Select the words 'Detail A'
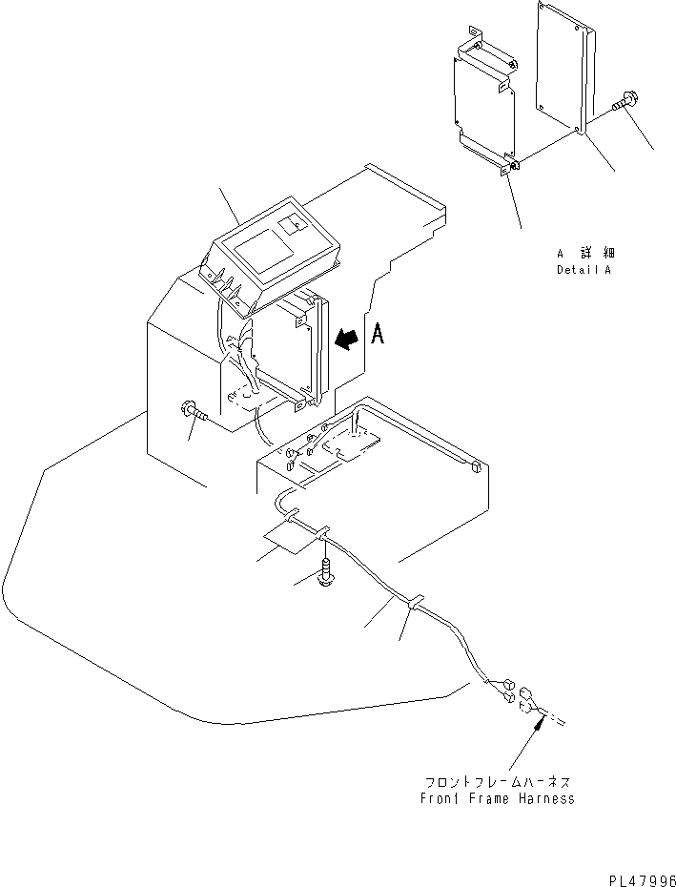(x=585, y=270)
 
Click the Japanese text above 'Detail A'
(x=585, y=254)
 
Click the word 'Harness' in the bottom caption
(x=546, y=797)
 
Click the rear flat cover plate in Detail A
(x=567, y=67)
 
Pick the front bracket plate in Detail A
(x=485, y=105)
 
